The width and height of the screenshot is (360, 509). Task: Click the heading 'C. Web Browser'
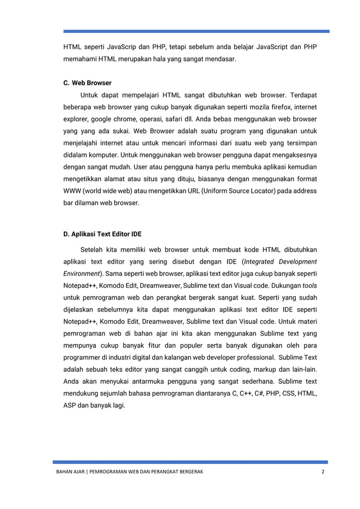(87, 82)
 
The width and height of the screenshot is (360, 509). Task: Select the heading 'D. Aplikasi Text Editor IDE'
(102, 232)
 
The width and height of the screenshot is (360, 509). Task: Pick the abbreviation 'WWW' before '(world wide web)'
(71, 192)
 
